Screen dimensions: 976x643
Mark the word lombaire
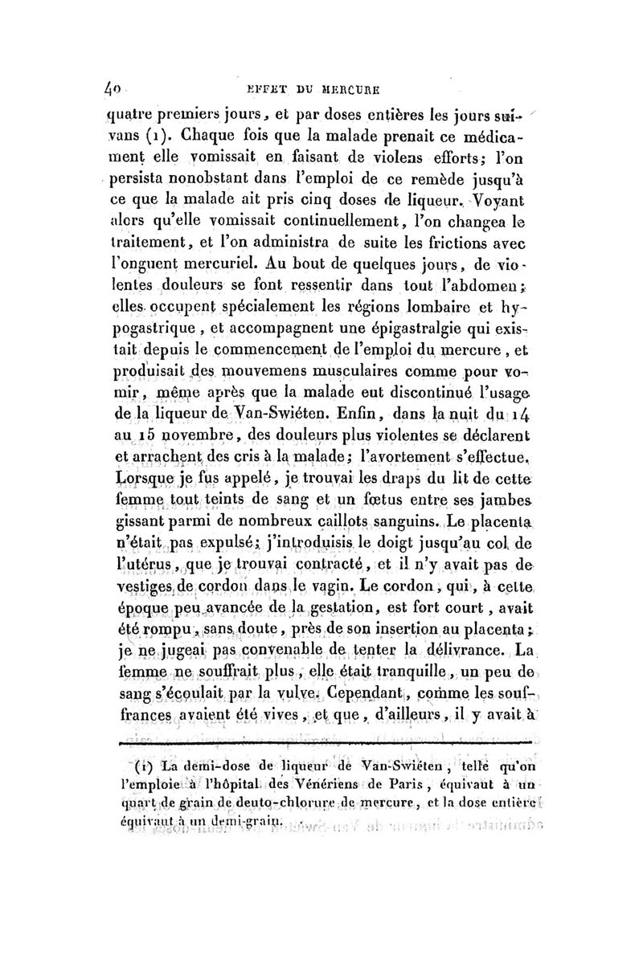[461, 331]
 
